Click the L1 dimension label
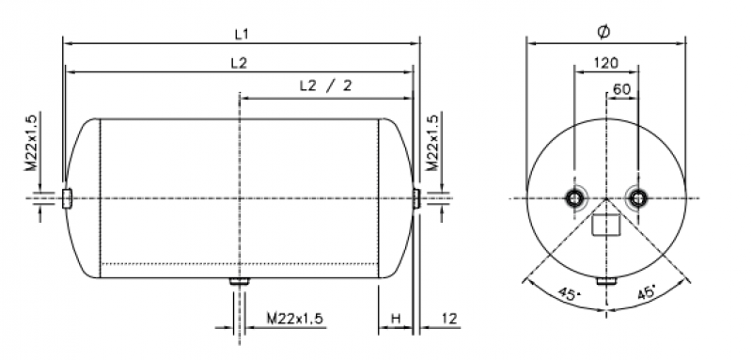[x=242, y=35]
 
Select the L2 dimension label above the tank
[x=239, y=63]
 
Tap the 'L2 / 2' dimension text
[x=325, y=86]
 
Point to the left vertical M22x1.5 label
[x=31, y=142]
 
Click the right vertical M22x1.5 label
[x=432, y=142]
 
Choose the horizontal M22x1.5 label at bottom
[x=295, y=319]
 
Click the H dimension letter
[x=396, y=319]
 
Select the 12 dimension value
[x=449, y=319]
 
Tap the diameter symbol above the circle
[x=603, y=32]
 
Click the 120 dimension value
[x=606, y=63]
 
